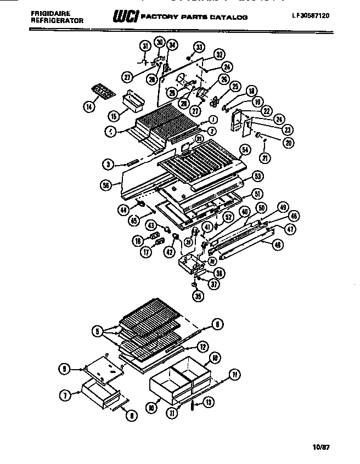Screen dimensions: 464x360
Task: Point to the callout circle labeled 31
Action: pos(145,46)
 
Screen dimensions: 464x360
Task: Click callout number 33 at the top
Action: pos(199,48)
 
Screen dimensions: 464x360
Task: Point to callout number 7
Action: pos(67,394)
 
